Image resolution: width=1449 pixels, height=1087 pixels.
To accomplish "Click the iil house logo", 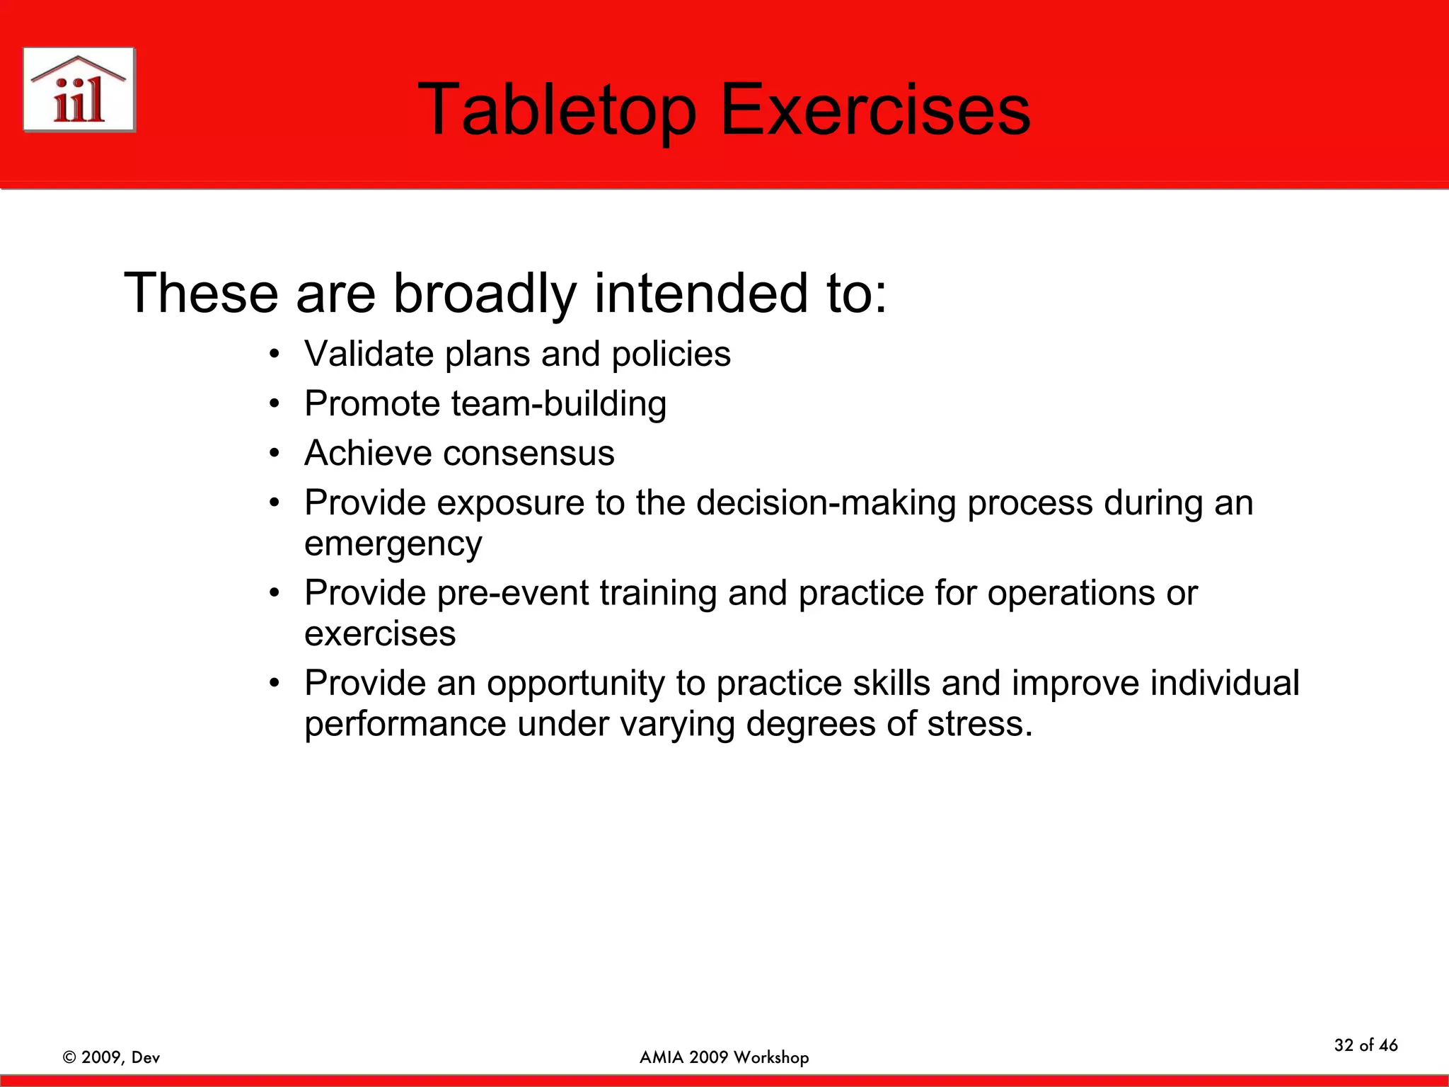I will click(79, 90).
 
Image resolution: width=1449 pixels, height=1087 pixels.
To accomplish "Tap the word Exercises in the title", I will click(875, 110).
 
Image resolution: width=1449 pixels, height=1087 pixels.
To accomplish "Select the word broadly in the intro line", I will click(485, 293).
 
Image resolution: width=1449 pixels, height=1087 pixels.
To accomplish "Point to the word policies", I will click(671, 354).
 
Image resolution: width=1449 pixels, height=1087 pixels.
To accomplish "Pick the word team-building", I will click(558, 404).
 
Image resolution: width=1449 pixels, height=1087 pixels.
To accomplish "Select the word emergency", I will click(393, 544).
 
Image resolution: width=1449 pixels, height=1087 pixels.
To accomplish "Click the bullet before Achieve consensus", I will click(275, 454).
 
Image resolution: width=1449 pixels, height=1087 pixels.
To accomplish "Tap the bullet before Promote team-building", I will click(275, 404).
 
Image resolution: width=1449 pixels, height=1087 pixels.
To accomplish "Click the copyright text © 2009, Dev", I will click(111, 1057).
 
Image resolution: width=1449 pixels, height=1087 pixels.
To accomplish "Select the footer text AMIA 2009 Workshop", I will click(724, 1057).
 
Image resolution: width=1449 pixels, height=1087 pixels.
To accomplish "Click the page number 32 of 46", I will click(1366, 1045).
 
